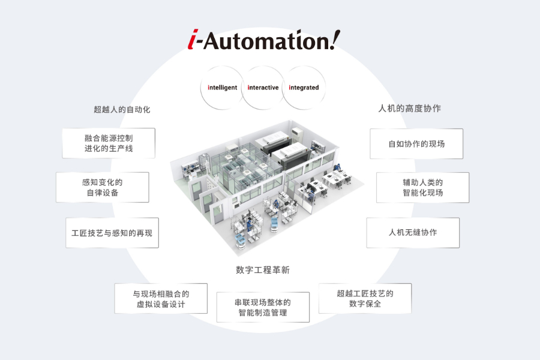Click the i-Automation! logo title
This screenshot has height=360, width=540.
click(262, 41)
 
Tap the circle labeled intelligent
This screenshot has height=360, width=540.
click(223, 88)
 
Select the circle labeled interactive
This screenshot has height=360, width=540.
click(263, 88)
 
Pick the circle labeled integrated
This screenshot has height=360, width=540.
click(304, 88)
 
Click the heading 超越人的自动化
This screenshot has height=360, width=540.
click(122, 109)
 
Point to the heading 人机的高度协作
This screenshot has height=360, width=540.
click(410, 109)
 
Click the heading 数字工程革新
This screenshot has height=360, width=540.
click(263, 270)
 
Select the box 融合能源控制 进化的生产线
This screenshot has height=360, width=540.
click(109, 143)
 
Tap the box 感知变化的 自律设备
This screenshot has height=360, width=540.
click(102, 188)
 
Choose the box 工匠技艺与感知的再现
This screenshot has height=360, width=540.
click(112, 233)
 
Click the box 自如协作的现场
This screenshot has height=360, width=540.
click(416, 144)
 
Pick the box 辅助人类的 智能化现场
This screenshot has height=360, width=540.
click(422, 188)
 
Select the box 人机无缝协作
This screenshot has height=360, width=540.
click(413, 233)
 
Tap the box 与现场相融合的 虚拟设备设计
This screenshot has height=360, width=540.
click(161, 299)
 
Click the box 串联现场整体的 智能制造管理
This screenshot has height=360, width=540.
click(263, 307)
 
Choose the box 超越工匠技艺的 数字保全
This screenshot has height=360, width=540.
click(365, 298)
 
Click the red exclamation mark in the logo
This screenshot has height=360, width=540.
click(334, 40)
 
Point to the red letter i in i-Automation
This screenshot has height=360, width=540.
click(191, 41)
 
